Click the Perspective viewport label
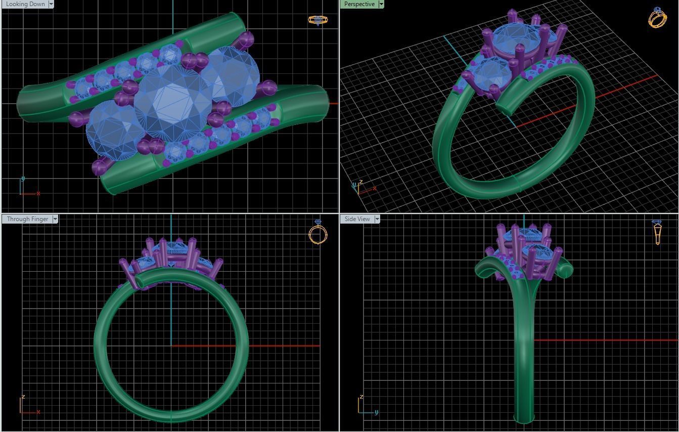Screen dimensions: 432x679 coord(359,4)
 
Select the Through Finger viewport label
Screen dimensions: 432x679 coord(27,219)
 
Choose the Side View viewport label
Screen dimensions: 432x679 coord(357,219)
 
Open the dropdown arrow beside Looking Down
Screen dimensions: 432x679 coord(51,4)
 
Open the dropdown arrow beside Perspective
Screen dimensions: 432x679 coord(381,4)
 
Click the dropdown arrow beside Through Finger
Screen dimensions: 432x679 coord(55,219)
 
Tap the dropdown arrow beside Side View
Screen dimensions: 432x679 coord(377,219)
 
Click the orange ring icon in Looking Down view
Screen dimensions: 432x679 coord(318,20)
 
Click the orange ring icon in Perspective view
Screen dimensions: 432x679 coord(657,18)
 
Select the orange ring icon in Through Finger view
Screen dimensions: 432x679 coord(318,233)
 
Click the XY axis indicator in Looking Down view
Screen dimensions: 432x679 coord(28,188)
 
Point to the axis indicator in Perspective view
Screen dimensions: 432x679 coord(361,187)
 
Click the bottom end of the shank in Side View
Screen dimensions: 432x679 coord(524,419)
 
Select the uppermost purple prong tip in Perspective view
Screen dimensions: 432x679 coord(512,13)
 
